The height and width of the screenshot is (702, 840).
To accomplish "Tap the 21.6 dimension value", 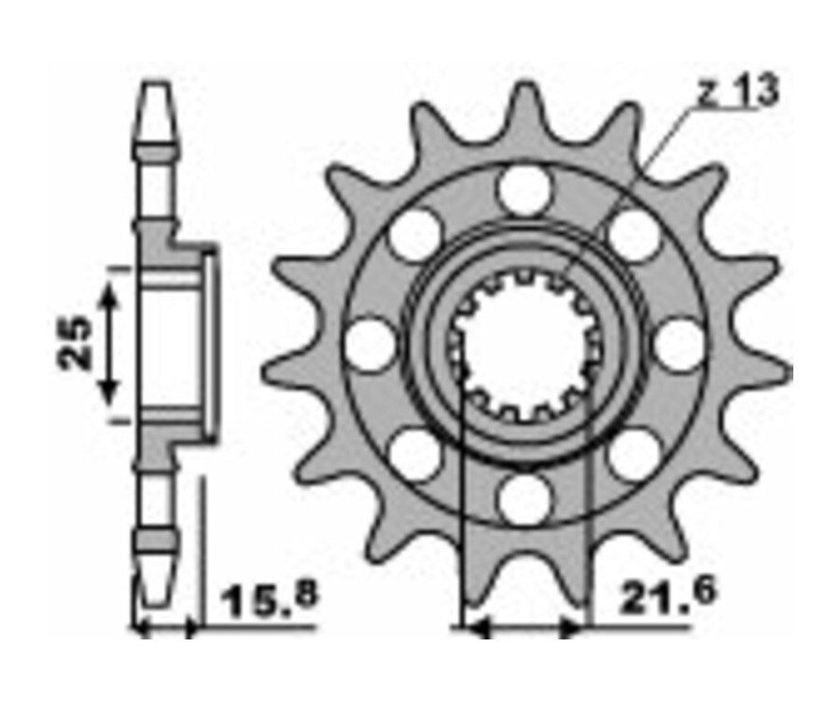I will point(653,595).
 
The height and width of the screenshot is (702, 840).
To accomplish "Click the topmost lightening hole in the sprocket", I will point(524,191).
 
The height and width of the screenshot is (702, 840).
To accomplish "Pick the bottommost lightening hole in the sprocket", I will point(524,499).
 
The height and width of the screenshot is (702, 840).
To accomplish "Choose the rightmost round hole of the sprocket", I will point(679,344).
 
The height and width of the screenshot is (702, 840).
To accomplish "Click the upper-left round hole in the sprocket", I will point(414,234).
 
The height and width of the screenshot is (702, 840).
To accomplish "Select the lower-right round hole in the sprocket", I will point(634,455).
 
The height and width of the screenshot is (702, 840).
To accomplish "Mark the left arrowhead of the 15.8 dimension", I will point(143,630).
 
